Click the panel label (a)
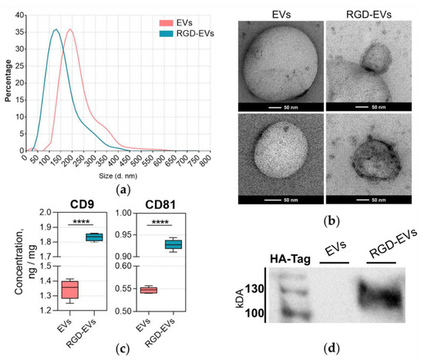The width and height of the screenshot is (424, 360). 116,180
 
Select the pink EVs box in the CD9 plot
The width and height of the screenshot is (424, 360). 70,288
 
